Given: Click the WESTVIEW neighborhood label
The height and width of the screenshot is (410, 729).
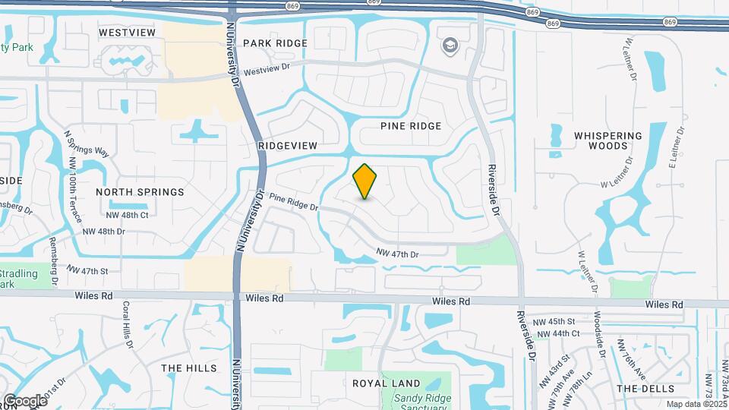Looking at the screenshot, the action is pos(128,33).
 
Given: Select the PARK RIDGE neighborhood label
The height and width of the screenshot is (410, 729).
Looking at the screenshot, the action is pos(276,43).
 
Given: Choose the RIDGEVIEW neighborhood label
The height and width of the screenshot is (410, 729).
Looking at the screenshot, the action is pos(287,144).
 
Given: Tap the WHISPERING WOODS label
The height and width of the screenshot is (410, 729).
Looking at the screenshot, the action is pos(607,140).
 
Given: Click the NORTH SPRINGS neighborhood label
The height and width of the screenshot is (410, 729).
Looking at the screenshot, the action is pos(140,192).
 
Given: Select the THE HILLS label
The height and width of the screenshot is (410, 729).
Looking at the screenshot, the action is pos(189,368).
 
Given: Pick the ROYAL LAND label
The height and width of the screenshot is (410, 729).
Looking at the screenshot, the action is pos(381,383).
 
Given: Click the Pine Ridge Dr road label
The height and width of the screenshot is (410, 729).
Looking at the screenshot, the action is pos(292,203).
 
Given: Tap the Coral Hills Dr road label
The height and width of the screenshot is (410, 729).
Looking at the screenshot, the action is pos(128,324).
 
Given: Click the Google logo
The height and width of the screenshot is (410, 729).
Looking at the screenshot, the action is pos(25,400).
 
